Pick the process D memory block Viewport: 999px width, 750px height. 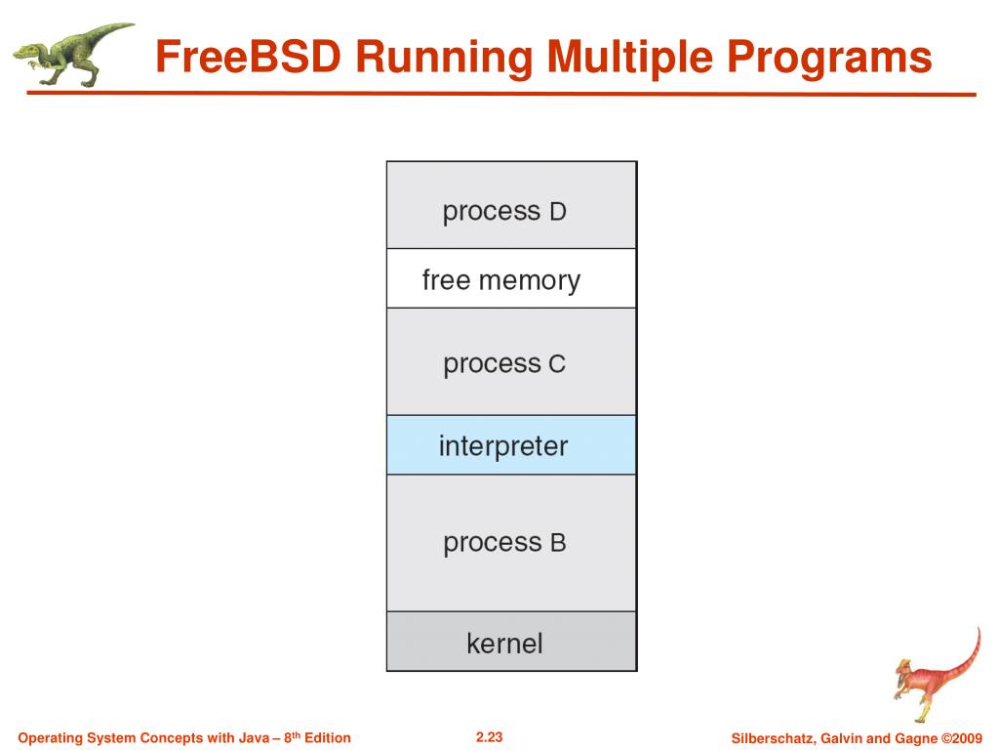coord(511,206)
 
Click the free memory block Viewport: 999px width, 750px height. coord(511,279)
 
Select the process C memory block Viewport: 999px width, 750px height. coord(511,362)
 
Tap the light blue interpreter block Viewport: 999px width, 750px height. coord(511,445)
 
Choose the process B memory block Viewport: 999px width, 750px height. coord(511,543)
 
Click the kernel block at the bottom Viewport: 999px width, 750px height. coord(511,643)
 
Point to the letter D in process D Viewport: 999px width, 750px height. coord(557,212)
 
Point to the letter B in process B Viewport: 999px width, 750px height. coord(557,543)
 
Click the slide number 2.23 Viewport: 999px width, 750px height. coord(489,736)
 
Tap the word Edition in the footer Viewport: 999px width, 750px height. coord(328,737)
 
